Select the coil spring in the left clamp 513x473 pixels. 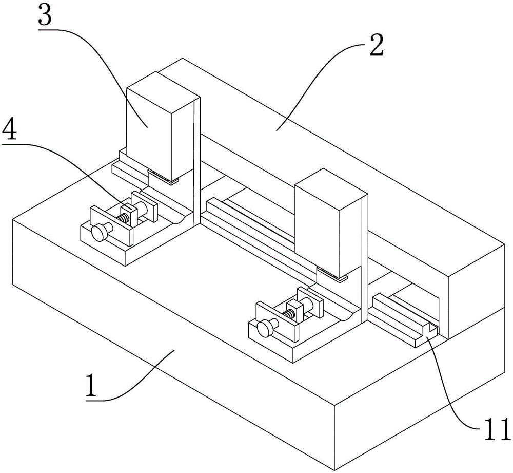click(123, 218)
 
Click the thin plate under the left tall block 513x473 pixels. click(163, 176)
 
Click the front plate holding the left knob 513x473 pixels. click(111, 225)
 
